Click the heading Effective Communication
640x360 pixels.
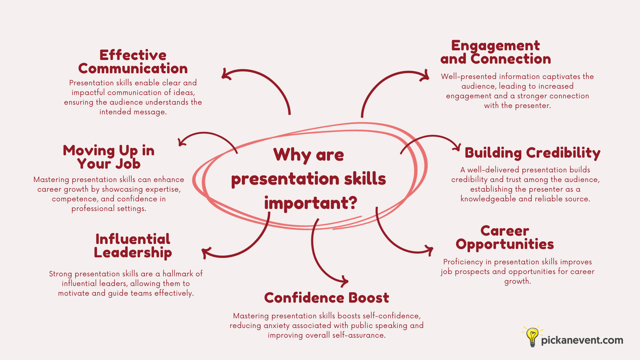[x=133, y=62]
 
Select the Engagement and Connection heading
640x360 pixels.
[x=495, y=52]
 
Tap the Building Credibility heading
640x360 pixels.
[x=532, y=153]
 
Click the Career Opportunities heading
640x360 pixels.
[x=505, y=238]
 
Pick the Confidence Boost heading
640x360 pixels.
[x=326, y=298]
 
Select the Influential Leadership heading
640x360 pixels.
[x=133, y=246]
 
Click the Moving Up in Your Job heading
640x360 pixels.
[x=109, y=157]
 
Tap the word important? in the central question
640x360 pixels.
[x=310, y=203]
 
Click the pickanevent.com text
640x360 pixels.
[x=582, y=340]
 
